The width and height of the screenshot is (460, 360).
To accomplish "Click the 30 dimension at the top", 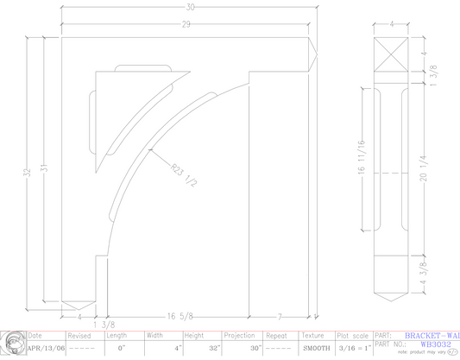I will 191,6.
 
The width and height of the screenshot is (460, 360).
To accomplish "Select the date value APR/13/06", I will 44,349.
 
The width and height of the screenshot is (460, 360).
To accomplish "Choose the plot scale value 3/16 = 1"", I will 353,349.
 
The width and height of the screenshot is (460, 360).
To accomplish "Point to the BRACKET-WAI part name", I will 432,335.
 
